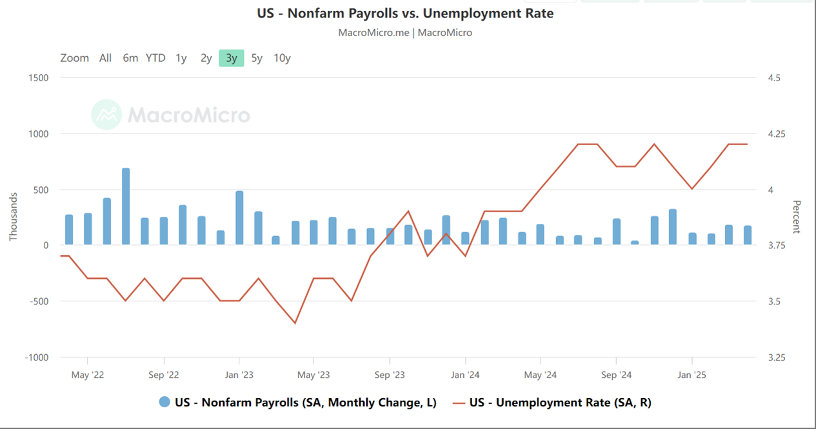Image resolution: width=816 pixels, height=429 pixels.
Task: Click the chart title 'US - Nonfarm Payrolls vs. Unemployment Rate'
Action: tap(405, 13)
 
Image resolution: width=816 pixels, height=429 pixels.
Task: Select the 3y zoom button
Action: tap(232, 58)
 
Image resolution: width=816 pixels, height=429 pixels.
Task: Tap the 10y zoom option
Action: tap(282, 58)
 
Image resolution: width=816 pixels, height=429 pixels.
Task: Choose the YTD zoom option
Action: tap(155, 58)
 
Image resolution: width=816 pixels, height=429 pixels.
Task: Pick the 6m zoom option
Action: tap(130, 58)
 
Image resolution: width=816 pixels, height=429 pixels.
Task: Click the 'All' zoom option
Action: tap(105, 58)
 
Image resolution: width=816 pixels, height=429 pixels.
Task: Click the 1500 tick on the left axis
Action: tap(38, 78)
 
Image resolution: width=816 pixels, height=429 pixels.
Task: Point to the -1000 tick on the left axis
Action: tap(36, 357)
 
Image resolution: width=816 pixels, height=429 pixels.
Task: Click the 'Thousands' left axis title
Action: tap(13, 217)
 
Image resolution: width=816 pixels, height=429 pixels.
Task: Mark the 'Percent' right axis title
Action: tap(796, 217)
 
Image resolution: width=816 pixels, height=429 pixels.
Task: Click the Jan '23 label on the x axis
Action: tap(239, 375)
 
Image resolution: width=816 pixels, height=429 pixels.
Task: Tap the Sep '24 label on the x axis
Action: tap(617, 375)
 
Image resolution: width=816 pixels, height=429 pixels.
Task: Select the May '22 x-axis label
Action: tap(87, 375)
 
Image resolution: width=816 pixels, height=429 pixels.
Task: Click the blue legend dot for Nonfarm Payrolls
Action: tap(164, 403)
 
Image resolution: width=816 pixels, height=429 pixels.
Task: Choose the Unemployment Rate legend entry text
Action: tap(560, 403)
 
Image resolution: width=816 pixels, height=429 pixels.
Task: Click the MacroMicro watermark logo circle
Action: tap(106, 115)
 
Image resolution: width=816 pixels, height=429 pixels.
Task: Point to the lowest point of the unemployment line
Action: tap(295, 323)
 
